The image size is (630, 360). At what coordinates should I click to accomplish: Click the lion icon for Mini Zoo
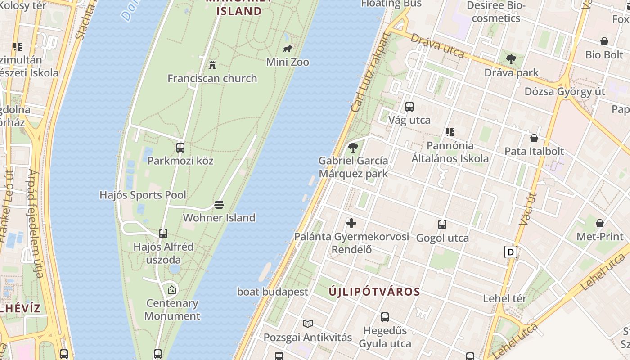tap(287, 49)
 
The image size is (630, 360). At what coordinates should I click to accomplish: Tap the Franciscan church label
tap(212, 78)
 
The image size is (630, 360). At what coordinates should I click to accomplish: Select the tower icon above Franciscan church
tap(212, 65)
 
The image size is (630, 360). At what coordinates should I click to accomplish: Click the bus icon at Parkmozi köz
tap(180, 147)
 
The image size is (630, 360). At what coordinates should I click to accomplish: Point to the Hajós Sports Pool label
tap(143, 195)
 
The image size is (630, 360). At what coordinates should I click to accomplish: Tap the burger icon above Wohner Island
tap(219, 205)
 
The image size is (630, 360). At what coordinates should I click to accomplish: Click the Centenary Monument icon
tap(171, 290)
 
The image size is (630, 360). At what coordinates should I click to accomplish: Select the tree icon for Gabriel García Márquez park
tap(353, 147)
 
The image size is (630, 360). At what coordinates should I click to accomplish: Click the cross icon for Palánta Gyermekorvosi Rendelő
tap(351, 223)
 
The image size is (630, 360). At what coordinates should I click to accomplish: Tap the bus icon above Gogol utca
tap(442, 225)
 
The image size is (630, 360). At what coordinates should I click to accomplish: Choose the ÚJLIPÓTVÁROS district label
tap(374, 292)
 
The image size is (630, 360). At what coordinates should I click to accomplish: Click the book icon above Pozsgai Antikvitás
tap(308, 324)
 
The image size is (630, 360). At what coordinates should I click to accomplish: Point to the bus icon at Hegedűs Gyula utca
tap(385, 317)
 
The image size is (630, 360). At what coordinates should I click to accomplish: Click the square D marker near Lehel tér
tap(511, 252)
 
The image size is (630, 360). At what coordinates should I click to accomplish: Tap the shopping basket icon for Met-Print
tap(600, 223)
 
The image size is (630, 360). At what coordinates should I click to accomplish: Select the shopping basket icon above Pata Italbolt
tap(534, 138)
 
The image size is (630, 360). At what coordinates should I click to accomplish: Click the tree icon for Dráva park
tap(511, 59)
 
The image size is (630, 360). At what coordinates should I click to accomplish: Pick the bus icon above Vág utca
tap(409, 107)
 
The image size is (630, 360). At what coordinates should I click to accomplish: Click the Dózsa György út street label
tap(565, 91)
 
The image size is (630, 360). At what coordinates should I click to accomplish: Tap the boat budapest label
tap(273, 292)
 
